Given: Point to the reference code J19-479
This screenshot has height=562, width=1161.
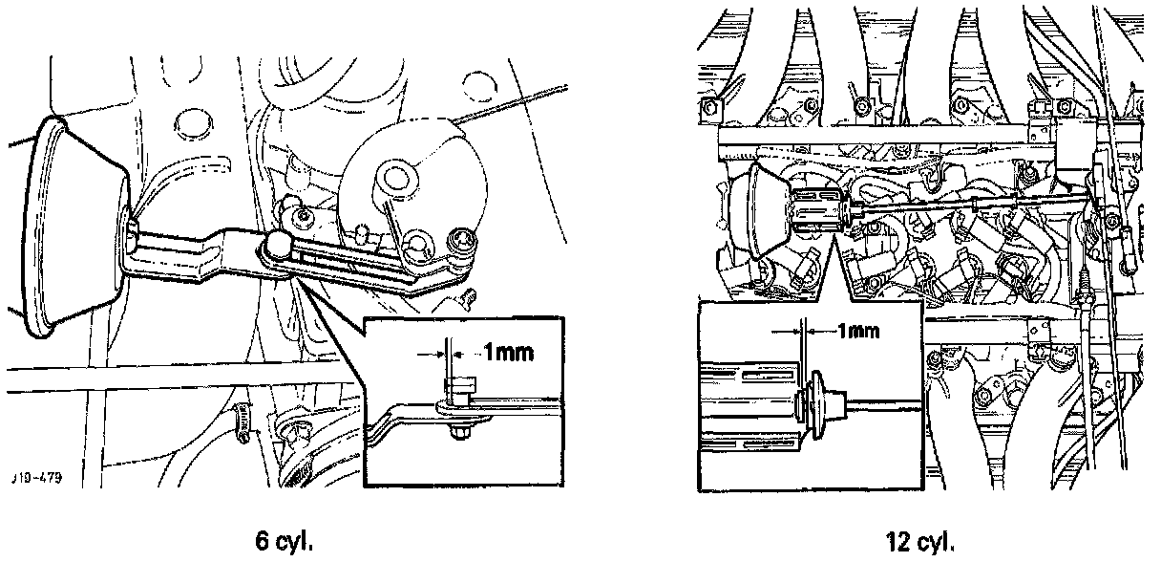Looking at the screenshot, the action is [38, 478].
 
